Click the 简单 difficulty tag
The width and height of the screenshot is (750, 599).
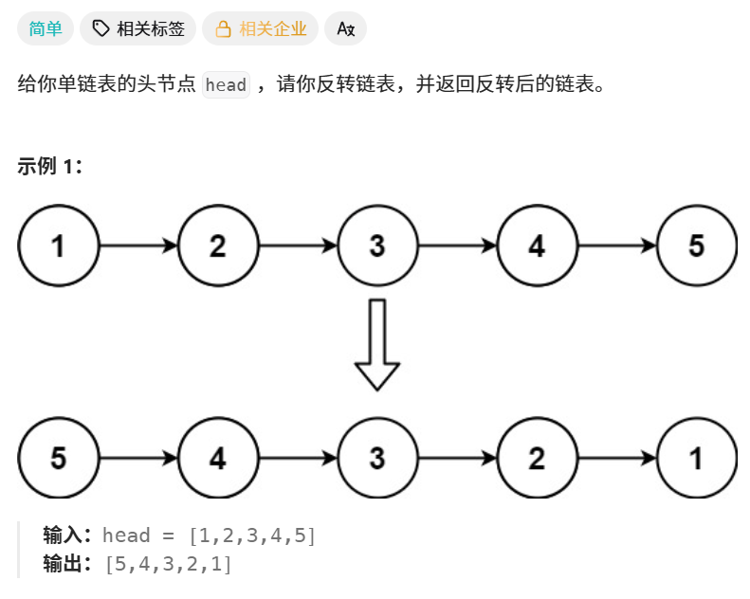[x=46, y=29]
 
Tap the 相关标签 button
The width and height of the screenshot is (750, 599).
[x=138, y=29]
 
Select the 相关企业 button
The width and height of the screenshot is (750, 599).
[x=262, y=29]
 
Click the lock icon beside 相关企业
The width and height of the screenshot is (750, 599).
[x=224, y=29]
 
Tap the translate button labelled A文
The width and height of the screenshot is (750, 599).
[x=345, y=29]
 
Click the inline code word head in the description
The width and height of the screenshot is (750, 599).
[x=226, y=85]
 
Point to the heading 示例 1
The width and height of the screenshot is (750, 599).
[x=49, y=167]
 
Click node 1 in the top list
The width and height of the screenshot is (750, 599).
[x=59, y=246]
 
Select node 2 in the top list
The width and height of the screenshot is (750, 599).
[x=218, y=246]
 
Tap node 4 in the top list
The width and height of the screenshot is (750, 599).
[x=537, y=246]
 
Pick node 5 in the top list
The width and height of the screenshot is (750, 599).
[x=696, y=246]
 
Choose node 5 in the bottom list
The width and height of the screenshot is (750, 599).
[x=59, y=459]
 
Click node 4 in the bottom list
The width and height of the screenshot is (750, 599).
[x=218, y=459]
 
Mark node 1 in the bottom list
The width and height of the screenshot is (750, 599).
[x=696, y=459]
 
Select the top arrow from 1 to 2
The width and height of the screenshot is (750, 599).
[x=138, y=246]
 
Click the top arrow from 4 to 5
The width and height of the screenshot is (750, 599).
[x=616, y=246]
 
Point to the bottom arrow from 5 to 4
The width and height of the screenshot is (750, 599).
[x=138, y=459]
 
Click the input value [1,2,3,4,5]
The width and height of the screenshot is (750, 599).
[x=252, y=535]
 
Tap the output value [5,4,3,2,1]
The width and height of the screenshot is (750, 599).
[x=169, y=565]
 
